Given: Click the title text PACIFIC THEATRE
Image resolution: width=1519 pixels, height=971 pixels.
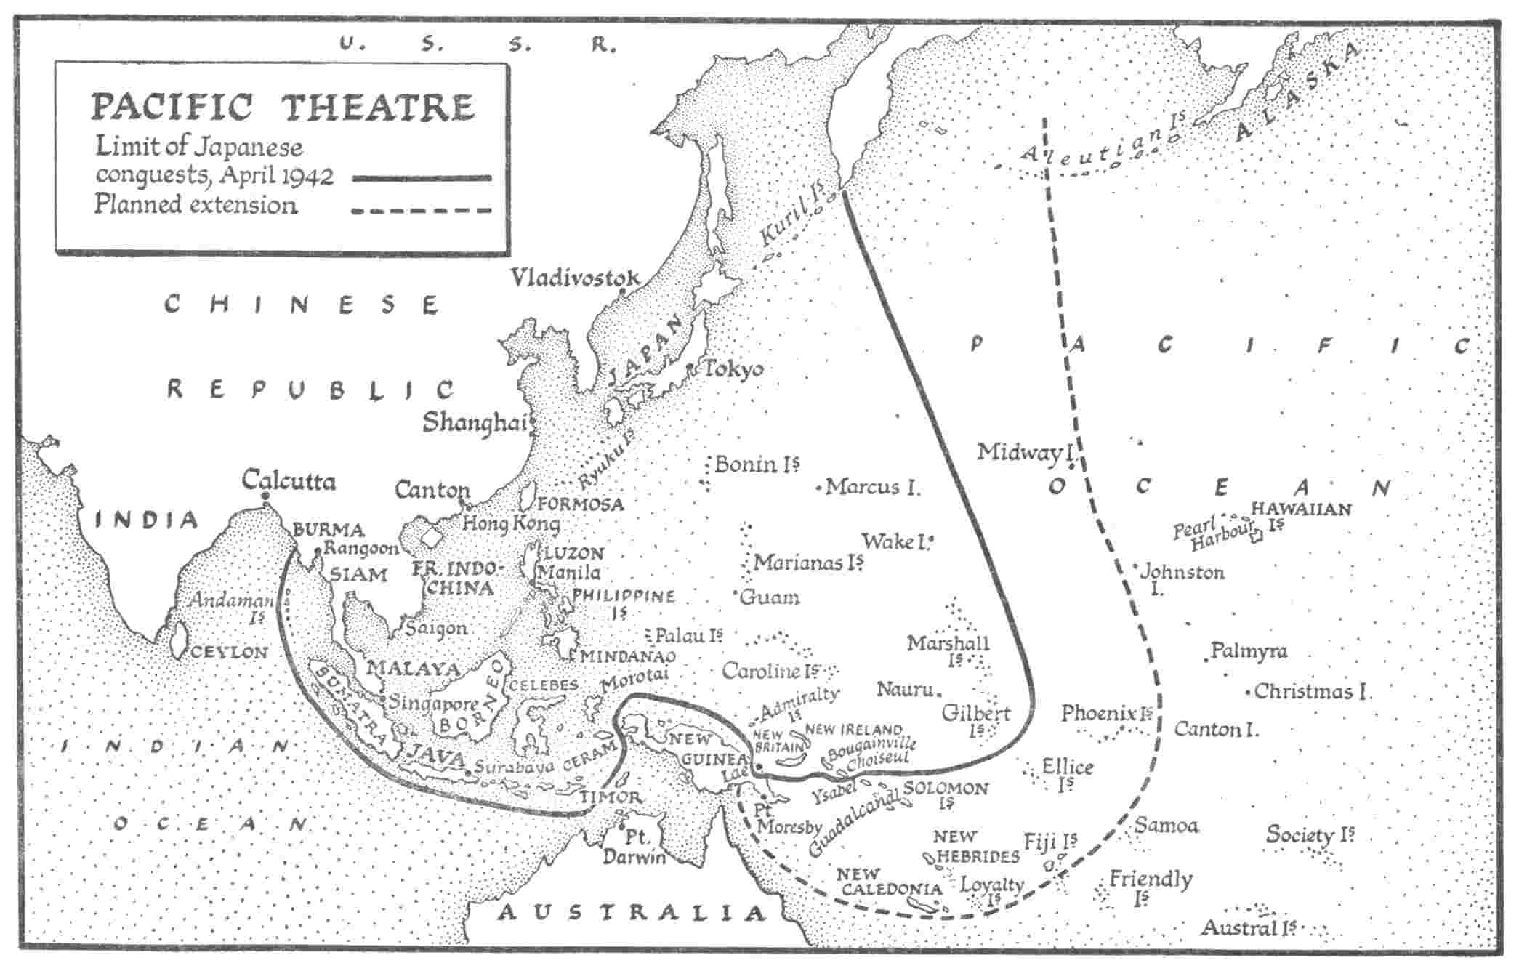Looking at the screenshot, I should [x=282, y=107].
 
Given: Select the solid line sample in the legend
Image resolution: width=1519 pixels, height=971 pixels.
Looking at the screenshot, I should [x=422, y=177].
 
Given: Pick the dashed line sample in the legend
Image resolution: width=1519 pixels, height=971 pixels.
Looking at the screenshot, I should [x=422, y=211].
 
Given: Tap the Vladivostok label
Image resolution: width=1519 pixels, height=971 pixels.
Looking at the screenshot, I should [x=574, y=278].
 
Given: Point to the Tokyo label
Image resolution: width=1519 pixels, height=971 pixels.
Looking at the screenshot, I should [x=733, y=369].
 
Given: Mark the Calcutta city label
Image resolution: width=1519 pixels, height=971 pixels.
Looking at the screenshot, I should [x=289, y=480].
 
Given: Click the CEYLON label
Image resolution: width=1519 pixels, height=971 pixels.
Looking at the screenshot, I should [x=230, y=653].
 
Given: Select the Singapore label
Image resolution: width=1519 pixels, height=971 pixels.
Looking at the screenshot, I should [x=433, y=703].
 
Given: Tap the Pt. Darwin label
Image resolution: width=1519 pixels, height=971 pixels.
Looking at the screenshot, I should [x=634, y=848].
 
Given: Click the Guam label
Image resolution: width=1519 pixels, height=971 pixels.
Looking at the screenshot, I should [x=769, y=597].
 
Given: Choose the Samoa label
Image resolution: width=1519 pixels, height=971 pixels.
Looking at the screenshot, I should [x=1166, y=826].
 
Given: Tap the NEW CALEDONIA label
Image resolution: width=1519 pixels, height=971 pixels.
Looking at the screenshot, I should [x=889, y=882].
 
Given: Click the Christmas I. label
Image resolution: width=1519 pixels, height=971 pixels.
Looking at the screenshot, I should [x=1312, y=691].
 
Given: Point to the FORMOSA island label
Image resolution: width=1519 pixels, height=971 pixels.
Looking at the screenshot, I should [x=581, y=504].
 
